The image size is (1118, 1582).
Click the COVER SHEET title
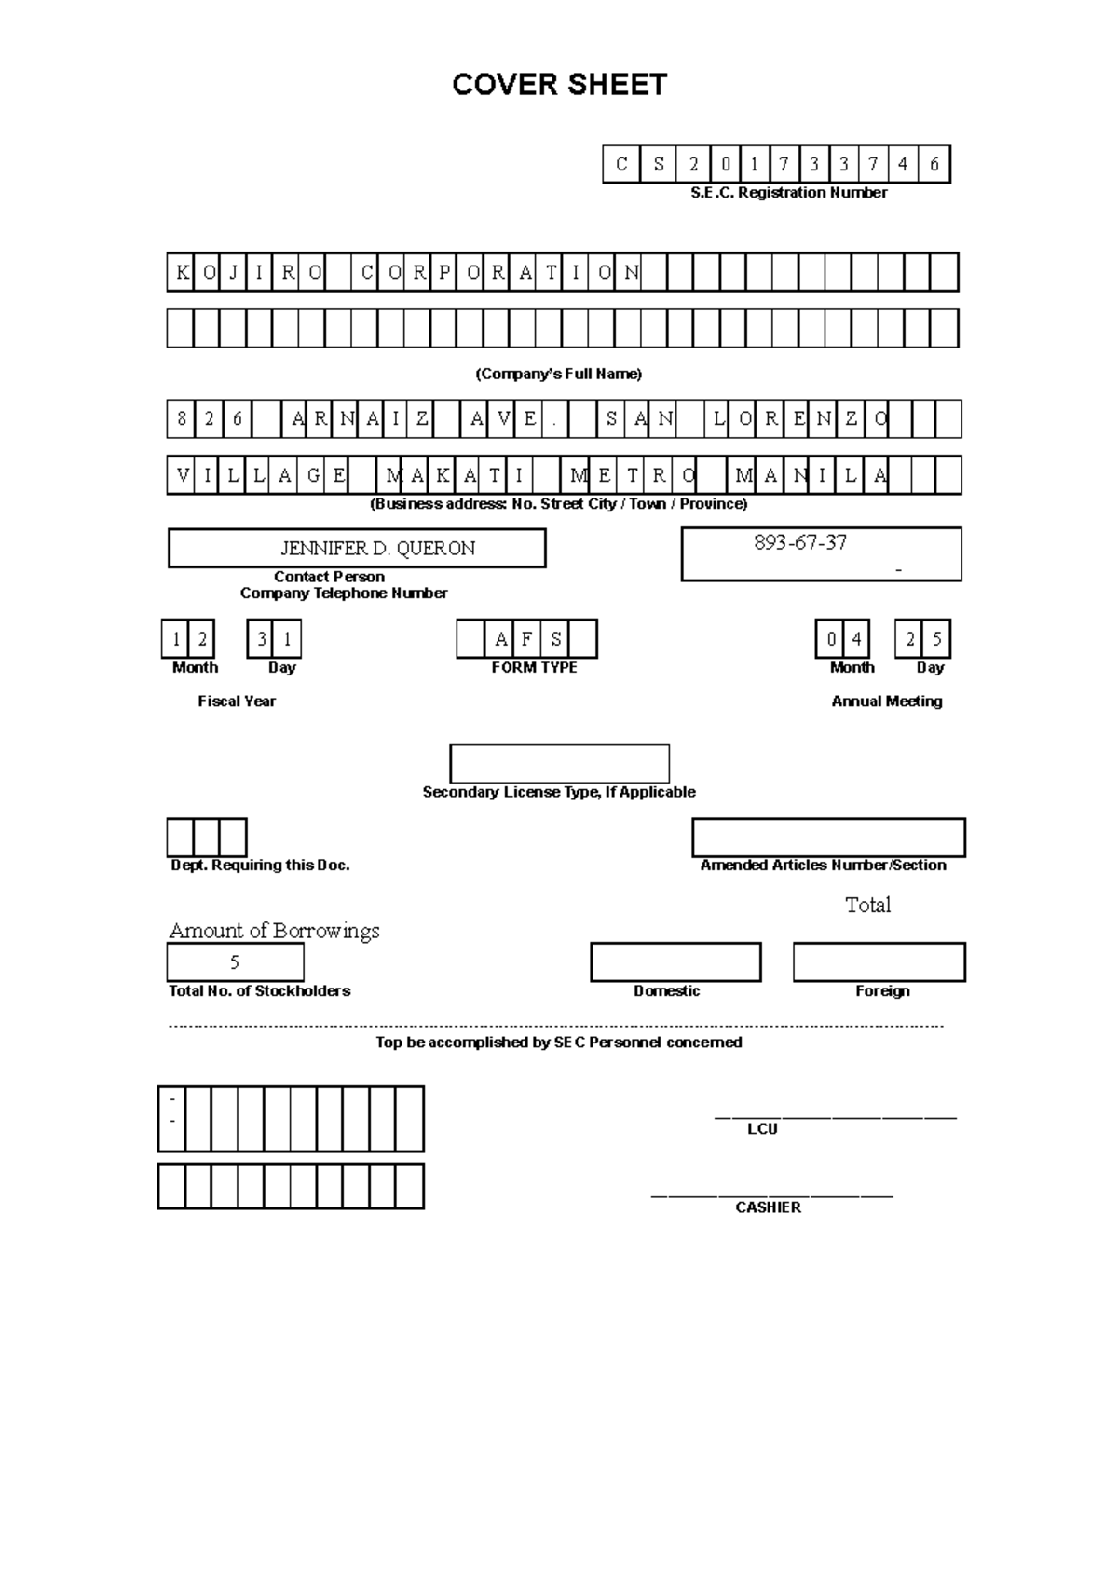(x=559, y=85)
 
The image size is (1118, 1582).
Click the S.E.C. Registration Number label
(x=788, y=193)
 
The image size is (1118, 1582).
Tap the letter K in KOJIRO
(x=182, y=273)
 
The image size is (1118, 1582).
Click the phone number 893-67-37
(x=800, y=543)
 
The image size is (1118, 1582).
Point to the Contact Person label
(x=329, y=577)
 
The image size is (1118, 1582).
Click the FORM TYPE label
(x=534, y=668)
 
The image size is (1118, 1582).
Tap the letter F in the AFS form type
(x=527, y=640)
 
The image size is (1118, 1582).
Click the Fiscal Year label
(x=237, y=702)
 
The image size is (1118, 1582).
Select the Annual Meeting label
(x=886, y=702)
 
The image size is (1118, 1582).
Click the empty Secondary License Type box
(x=559, y=764)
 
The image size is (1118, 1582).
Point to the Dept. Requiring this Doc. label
(x=260, y=866)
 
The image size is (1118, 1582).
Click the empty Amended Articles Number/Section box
(x=828, y=838)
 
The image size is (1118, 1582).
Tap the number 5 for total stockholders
(x=235, y=962)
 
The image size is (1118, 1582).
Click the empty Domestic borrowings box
(x=675, y=962)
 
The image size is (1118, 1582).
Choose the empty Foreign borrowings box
(x=879, y=962)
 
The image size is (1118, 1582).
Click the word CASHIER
(x=768, y=1207)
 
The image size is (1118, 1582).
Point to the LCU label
(x=762, y=1129)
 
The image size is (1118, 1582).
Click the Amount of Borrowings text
(x=274, y=931)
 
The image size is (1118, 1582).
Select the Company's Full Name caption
(x=558, y=375)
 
